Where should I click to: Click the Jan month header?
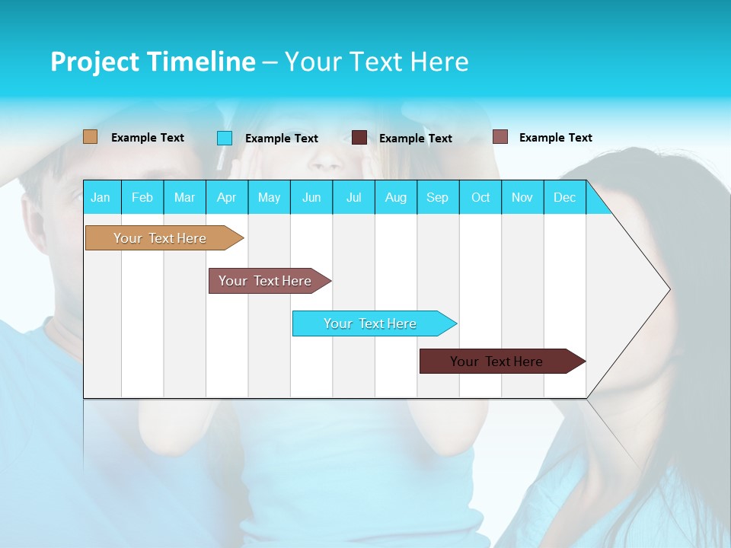pos(101,197)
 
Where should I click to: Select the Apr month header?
pos(226,197)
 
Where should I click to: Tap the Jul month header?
pos(353,197)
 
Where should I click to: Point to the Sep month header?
pos(437,197)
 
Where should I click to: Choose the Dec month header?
pos(564,197)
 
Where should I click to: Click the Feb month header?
pos(142,197)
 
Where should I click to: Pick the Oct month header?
pos(480,197)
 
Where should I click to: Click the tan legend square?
pos(91,137)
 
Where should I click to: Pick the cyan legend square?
pos(225,138)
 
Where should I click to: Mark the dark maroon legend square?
pos(359,138)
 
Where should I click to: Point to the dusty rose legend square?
pos(500,137)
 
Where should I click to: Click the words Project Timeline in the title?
pos(152,62)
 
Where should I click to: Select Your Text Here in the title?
pos(376,62)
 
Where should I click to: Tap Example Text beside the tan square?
pos(148,138)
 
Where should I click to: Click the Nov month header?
pos(522,197)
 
